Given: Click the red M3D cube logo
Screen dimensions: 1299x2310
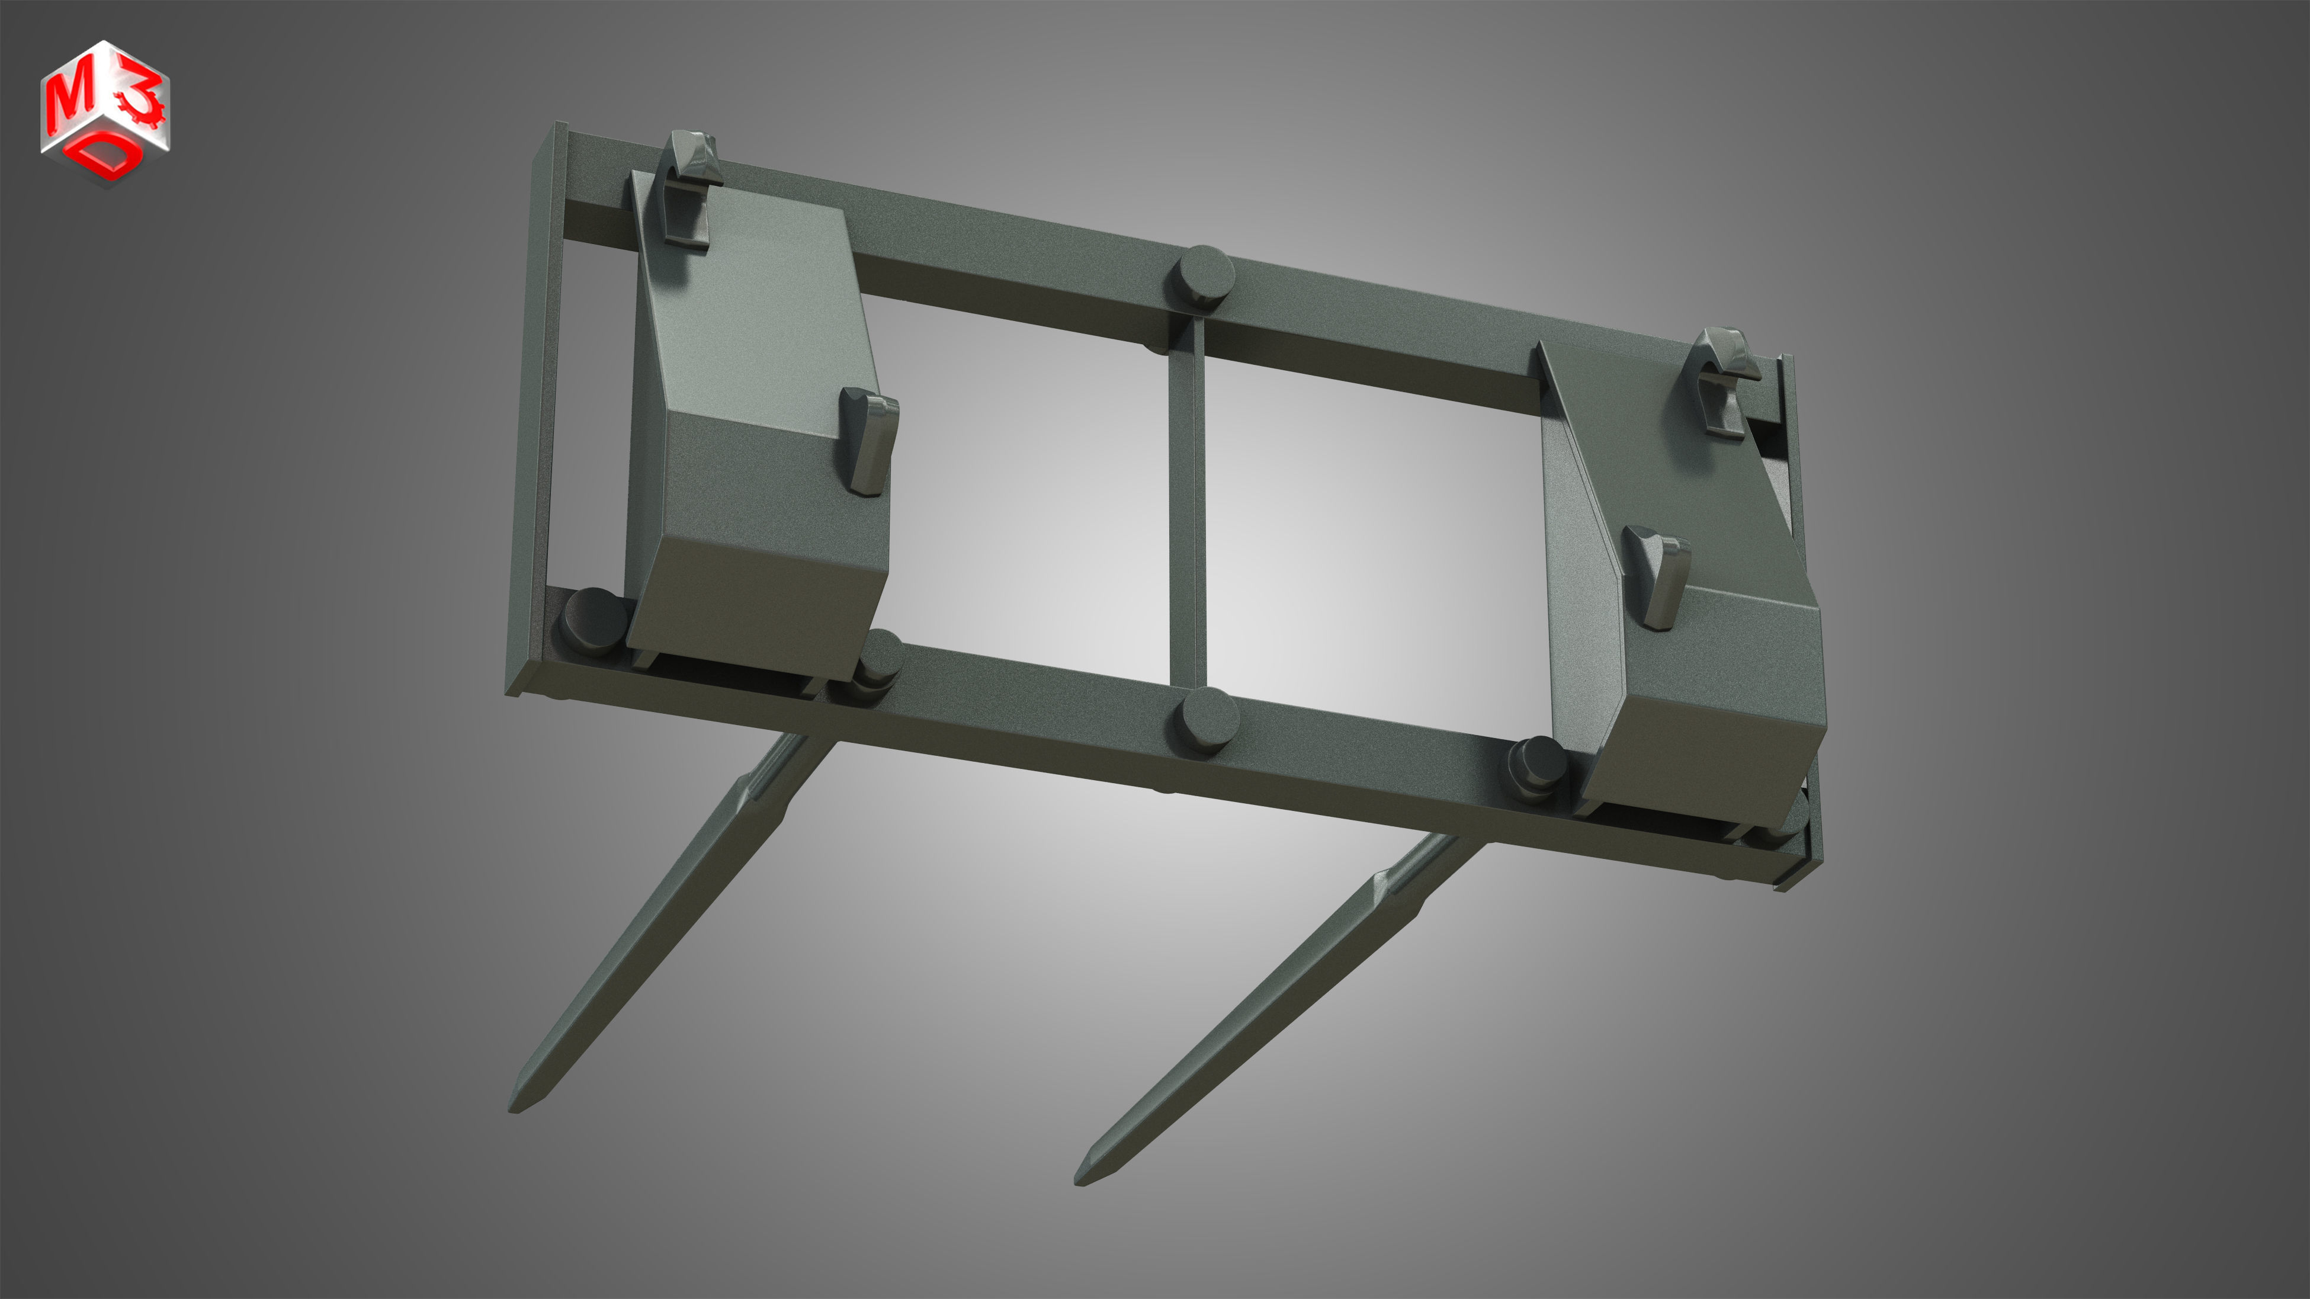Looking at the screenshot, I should (x=105, y=112).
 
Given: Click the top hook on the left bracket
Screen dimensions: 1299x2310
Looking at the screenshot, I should (x=692, y=188).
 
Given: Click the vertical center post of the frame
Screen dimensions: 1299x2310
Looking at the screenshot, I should (x=1186, y=511).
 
